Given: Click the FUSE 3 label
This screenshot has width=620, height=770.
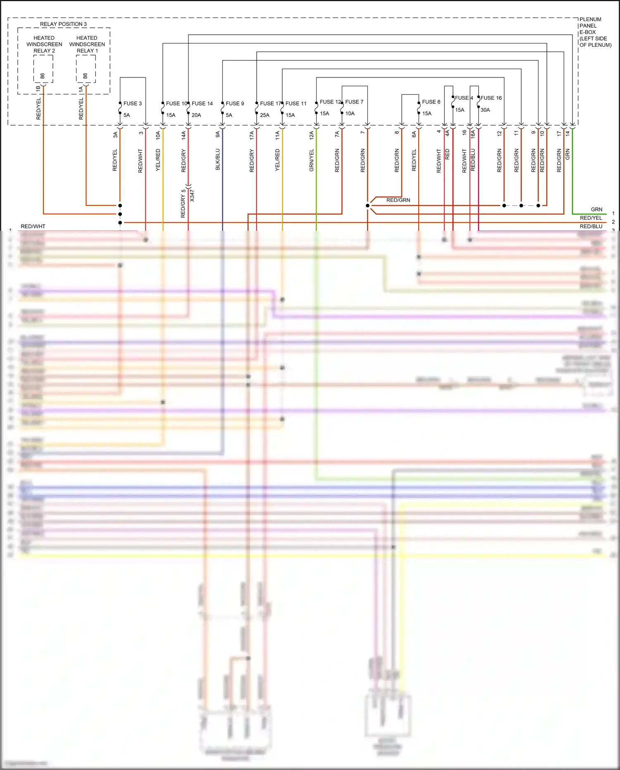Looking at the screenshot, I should click(x=132, y=103).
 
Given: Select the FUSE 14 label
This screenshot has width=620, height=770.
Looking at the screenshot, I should click(x=202, y=103).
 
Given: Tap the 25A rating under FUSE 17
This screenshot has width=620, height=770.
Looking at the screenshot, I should click(x=265, y=115).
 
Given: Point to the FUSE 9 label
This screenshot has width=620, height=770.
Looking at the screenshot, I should click(x=235, y=103).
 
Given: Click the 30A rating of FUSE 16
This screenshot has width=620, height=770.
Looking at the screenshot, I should click(x=485, y=110).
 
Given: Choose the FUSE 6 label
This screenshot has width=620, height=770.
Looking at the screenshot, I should click(x=431, y=102).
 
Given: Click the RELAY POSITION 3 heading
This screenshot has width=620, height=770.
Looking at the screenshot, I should click(x=63, y=24).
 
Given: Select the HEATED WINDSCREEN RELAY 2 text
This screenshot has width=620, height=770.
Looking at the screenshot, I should click(x=44, y=44).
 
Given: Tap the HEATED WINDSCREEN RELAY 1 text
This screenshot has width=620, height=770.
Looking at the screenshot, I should click(x=87, y=44).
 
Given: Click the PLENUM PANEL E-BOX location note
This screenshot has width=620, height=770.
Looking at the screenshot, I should click(x=595, y=32).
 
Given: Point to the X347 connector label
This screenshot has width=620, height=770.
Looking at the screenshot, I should click(x=192, y=195).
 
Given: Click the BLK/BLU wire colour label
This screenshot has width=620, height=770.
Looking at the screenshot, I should click(x=218, y=159).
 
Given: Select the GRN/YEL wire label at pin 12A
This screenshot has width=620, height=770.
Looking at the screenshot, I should click(x=312, y=160).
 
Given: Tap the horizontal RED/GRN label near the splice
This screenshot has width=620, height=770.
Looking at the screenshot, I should click(x=398, y=200).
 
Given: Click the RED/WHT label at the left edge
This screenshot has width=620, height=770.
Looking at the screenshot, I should click(x=33, y=226).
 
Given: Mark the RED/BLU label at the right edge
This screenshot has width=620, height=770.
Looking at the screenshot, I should click(x=591, y=226).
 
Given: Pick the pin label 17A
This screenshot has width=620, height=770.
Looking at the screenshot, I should click(x=252, y=135).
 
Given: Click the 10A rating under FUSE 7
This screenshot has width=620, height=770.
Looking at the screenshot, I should click(x=350, y=113).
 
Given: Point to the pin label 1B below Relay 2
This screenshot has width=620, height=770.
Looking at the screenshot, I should click(x=38, y=88).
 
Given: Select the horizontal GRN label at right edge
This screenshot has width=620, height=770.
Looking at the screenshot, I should click(x=596, y=209).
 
